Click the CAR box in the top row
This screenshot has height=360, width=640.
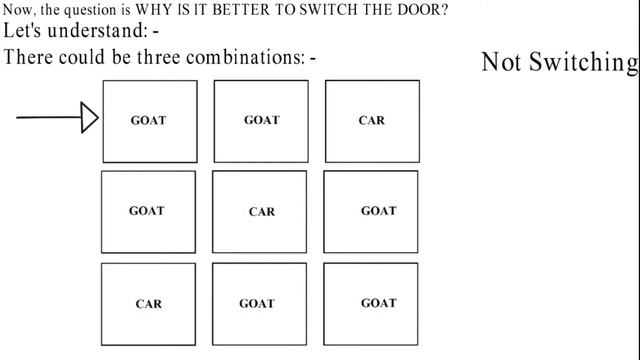pos(372,121)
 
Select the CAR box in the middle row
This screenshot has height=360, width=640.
pos(261,212)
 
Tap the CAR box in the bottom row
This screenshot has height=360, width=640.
pos(149,303)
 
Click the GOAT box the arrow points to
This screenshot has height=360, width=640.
pos(149,121)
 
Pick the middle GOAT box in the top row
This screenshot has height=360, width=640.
pos(261,121)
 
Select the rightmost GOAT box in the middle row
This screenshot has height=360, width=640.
pos(378,212)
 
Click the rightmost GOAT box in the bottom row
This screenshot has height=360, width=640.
pos(378,303)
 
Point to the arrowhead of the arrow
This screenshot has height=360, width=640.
pos(90,118)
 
